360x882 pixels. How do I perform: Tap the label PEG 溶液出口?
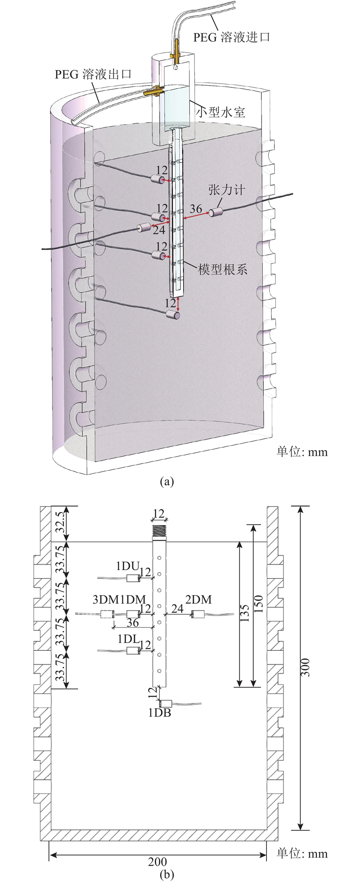click(94, 74)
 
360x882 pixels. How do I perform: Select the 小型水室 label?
click(220, 112)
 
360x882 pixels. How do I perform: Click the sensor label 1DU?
click(129, 566)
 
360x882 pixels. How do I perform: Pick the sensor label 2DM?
click(198, 599)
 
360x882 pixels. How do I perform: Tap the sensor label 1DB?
click(160, 712)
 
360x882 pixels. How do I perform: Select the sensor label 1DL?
click(129, 639)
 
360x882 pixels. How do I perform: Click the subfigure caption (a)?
click(166, 481)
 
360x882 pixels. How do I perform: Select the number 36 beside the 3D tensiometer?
click(195, 209)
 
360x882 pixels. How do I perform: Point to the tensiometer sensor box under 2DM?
click(198, 613)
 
